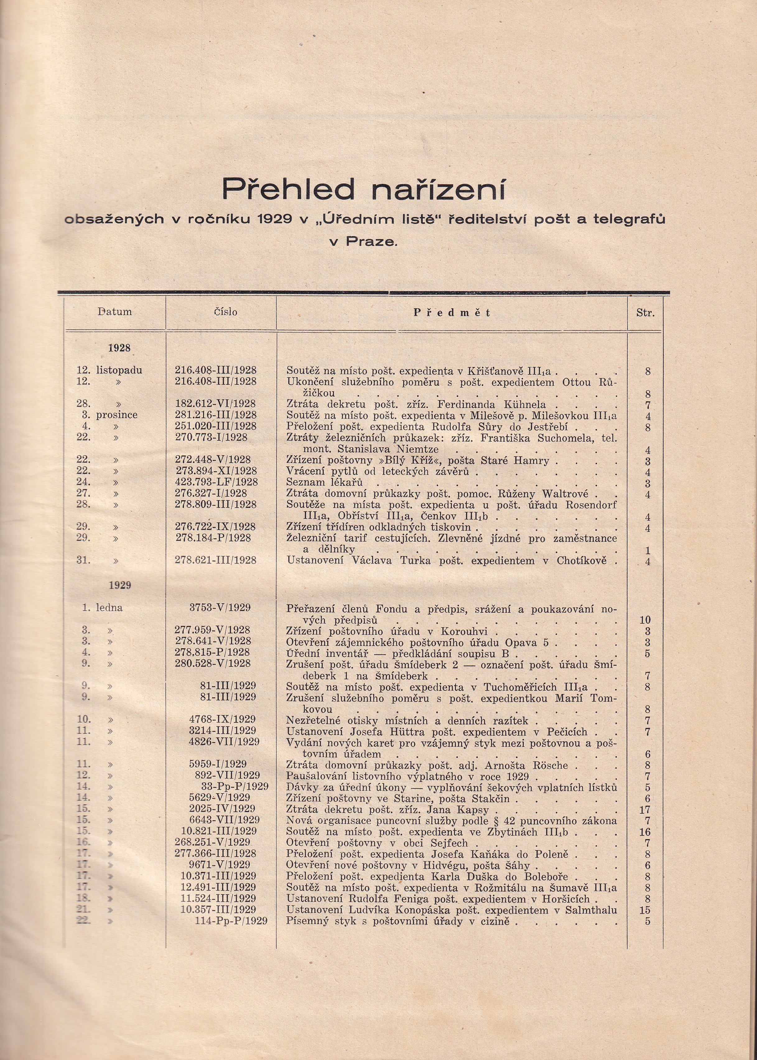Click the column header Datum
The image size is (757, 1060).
(x=115, y=312)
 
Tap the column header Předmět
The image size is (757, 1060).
(x=452, y=313)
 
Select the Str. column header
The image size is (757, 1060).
(x=645, y=313)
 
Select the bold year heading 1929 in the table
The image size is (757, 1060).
(x=120, y=585)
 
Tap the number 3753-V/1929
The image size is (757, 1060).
(x=220, y=607)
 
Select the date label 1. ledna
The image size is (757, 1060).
(x=102, y=607)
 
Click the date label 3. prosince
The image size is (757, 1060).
(x=109, y=415)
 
